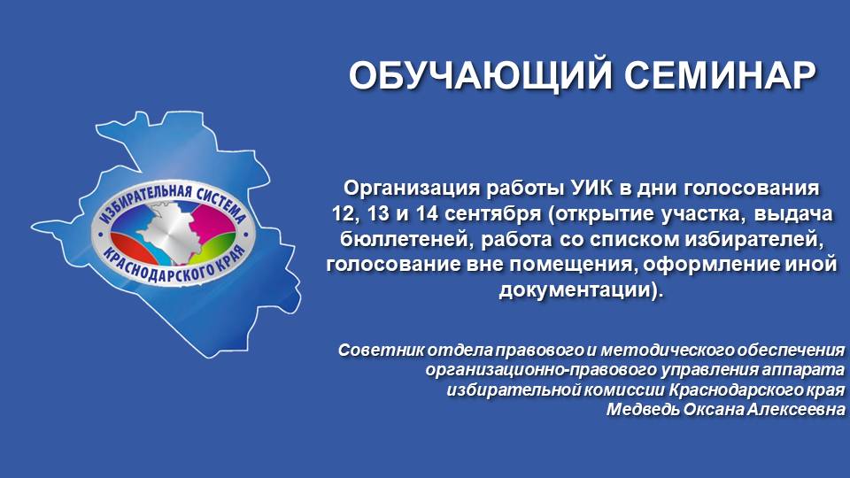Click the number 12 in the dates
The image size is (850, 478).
pos(341,214)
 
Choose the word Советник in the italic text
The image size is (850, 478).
pos(378,350)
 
